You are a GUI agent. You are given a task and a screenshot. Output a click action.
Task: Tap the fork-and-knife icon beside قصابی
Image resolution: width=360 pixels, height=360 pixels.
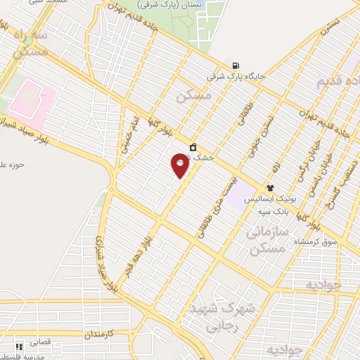20,346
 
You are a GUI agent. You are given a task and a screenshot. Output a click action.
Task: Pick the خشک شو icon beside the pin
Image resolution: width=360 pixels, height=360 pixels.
192,148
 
